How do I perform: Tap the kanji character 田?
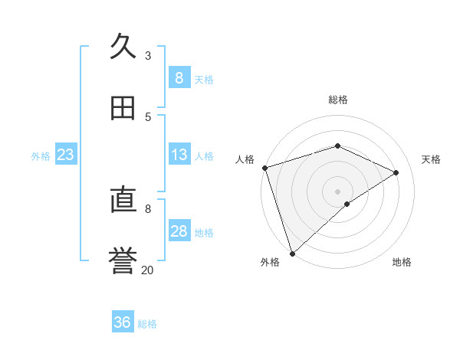pos(123,108)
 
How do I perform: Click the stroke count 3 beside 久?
pos(148,56)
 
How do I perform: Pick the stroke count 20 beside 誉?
pos(147,270)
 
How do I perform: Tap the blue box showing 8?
pos(179,78)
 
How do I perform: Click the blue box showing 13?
pos(179,155)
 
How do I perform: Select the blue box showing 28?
pos(179,231)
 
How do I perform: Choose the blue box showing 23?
pos(66,155)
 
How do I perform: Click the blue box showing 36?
pos(123,322)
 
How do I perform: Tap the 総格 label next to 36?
pos(147,324)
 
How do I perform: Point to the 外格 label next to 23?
pos(41,156)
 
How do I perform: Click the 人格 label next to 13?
pos(204,156)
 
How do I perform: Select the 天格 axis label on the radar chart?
pos(432,159)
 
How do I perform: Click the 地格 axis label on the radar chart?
pos(402,262)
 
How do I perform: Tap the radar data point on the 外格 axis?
pos(292,253)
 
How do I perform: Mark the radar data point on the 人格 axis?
pos(264,168)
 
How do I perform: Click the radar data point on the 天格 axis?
pos(396,172)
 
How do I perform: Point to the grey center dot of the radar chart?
pos(337,191)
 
